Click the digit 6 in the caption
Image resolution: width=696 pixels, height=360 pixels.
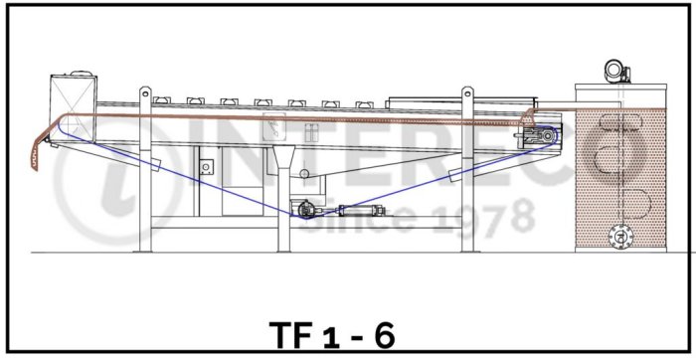pos(385,336)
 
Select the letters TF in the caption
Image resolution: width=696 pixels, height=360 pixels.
pos(289,336)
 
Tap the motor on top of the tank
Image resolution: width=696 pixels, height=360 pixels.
pos(617,71)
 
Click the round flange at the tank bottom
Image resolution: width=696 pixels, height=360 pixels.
pos(621,237)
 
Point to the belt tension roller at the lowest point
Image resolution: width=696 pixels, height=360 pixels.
pos(305,210)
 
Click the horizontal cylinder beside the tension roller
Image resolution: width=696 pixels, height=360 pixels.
pos(361,210)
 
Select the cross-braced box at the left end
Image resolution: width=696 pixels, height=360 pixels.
pos(74,107)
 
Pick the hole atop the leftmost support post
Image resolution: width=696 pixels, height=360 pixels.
pos(145,93)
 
